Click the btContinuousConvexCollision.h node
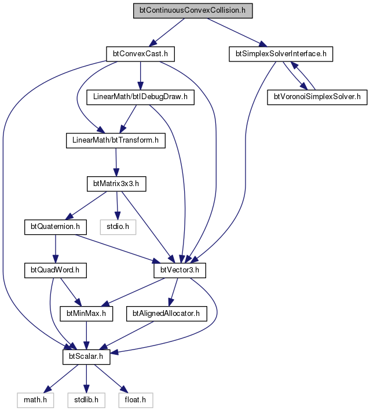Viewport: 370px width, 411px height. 193,11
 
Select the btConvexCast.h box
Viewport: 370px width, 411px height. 140,54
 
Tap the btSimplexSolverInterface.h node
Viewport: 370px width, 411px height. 281,54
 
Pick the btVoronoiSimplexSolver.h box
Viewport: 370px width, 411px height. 317,97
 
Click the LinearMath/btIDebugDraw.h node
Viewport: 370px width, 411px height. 140,97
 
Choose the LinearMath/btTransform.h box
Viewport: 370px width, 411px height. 116,140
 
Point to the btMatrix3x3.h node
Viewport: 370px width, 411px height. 116,184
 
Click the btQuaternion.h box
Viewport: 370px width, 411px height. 56,227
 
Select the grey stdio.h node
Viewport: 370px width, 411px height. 118,227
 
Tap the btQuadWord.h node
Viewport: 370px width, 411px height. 56,270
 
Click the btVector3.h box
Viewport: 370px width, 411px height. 179,270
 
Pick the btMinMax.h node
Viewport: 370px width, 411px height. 86,314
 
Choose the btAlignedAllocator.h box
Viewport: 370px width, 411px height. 167,314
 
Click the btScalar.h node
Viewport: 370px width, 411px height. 86,357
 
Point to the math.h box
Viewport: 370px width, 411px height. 36,400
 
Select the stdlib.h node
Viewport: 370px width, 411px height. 86,400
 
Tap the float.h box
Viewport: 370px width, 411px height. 135,400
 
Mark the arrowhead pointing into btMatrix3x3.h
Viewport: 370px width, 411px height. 116,173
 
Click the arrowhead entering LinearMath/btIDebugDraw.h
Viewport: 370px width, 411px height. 140,86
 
